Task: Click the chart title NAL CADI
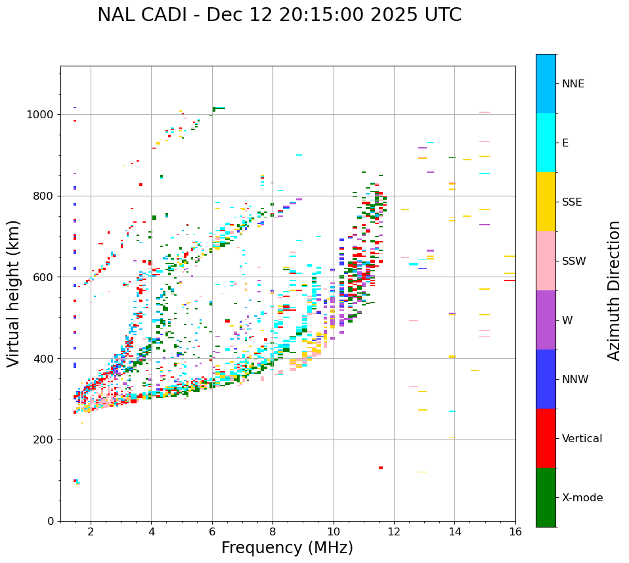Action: pyautogui.click(x=279, y=15)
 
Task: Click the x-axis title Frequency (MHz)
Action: pyautogui.click(x=287, y=548)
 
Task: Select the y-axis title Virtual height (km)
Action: pyautogui.click(x=14, y=293)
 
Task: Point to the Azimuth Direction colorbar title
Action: pyautogui.click(x=614, y=290)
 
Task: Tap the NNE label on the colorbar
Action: pyautogui.click(x=573, y=84)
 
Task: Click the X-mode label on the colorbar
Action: pyautogui.click(x=582, y=498)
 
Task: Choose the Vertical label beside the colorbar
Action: pyautogui.click(x=582, y=439)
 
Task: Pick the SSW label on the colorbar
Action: pyautogui.click(x=574, y=261)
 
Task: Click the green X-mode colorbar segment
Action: pyautogui.click(x=546, y=497)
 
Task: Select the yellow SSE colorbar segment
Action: pyautogui.click(x=546, y=202)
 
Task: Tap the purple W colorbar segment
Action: pyautogui.click(x=546, y=320)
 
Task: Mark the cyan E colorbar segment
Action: pyautogui.click(x=546, y=143)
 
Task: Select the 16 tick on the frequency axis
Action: pyautogui.click(x=515, y=531)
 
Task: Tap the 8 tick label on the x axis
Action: pyautogui.click(x=272, y=531)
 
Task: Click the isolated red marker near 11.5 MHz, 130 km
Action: pyautogui.click(x=381, y=468)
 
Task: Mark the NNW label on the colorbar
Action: pyautogui.click(x=575, y=380)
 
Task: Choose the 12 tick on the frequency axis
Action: pyautogui.click(x=394, y=531)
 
